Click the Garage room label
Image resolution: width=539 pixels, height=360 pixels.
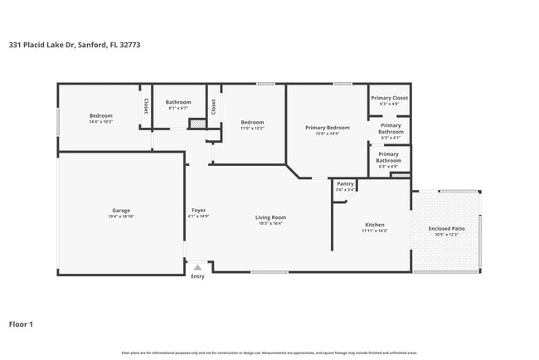click(121, 211)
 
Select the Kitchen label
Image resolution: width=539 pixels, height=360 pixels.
click(375, 225)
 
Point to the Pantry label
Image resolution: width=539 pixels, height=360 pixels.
click(346, 183)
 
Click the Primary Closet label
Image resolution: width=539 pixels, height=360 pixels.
click(389, 98)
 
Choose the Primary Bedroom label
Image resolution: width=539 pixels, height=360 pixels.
click(327, 128)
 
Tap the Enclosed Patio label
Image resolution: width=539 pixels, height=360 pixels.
click(446, 229)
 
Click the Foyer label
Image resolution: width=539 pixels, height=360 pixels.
click(199, 211)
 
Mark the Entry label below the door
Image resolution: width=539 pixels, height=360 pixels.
click(197, 276)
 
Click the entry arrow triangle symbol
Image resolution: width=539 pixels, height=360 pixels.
click(197, 268)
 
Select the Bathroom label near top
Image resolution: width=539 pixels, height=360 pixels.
click(179, 102)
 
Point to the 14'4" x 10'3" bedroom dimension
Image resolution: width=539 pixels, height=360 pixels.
click(100, 122)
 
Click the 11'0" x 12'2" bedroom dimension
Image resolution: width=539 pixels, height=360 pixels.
click(252, 128)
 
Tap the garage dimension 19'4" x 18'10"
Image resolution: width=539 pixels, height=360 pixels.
click(121, 216)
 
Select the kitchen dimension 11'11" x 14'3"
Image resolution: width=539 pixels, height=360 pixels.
click(375, 231)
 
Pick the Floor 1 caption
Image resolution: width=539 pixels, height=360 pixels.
click(22, 324)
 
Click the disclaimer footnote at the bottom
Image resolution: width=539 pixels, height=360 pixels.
click(269, 353)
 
